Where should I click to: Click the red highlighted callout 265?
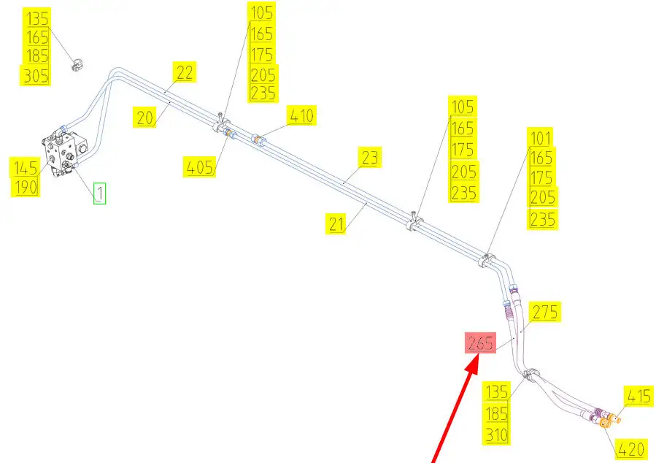pyautogui.click(x=481, y=343)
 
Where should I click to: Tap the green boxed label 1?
pyautogui.click(x=99, y=194)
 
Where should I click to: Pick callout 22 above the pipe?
pyautogui.click(x=185, y=72)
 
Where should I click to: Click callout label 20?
pyautogui.click(x=145, y=117)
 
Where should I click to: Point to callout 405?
pyautogui.click(x=198, y=167)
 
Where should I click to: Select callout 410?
pyautogui.click(x=301, y=115)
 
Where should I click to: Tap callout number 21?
pyautogui.click(x=336, y=224)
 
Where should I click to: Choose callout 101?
pyautogui.click(x=541, y=137)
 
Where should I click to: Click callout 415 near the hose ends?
pyautogui.click(x=637, y=397)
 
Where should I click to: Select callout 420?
pyautogui.click(x=630, y=448)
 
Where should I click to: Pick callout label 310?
pyautogui.click(x=498, y=436)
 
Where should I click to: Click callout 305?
pyautogui.click(x=36, y=75)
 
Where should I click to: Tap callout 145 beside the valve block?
pyautogui.click(x=25, y=168)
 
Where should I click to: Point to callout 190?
pyautogui.click(x=26, y=188)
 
